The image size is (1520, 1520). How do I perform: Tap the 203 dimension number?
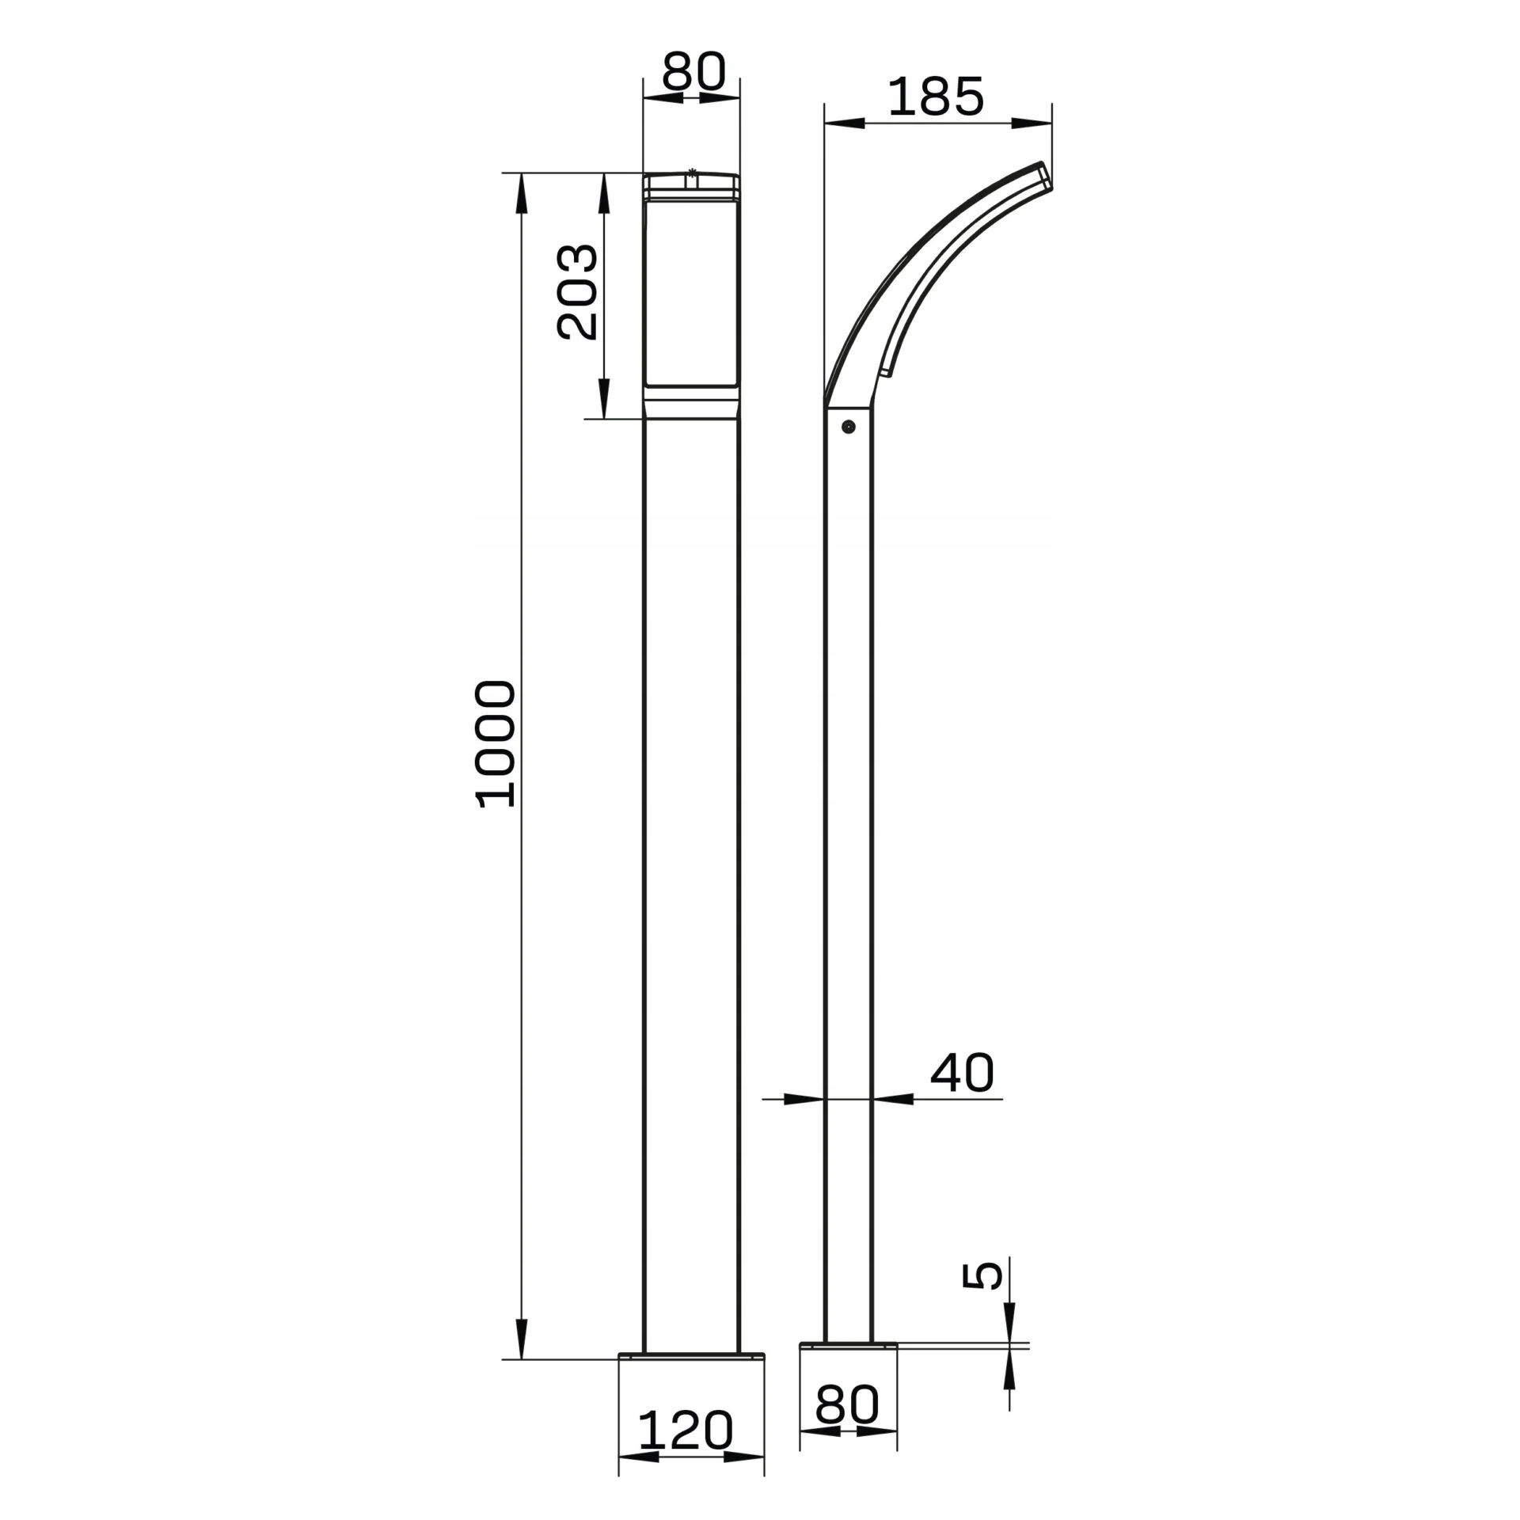coord(578,291)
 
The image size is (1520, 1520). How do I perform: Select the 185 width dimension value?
coord(936,97)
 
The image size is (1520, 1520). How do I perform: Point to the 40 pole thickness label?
coord(962,1073)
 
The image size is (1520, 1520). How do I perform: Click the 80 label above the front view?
coord(693,71)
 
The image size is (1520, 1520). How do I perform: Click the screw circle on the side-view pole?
coord(849,427)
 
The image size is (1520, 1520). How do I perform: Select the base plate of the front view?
coord(691,1357)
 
